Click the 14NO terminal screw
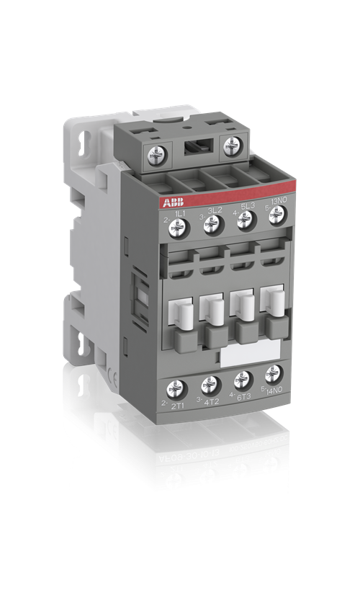[274, 373]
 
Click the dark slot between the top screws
[195, 148]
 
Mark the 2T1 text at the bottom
[179, 405]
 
